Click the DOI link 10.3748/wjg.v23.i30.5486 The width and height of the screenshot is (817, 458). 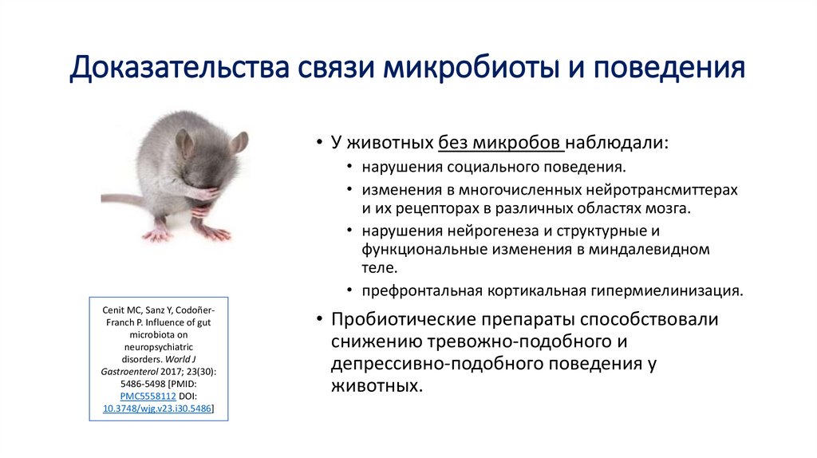click(x=158, y=409)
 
